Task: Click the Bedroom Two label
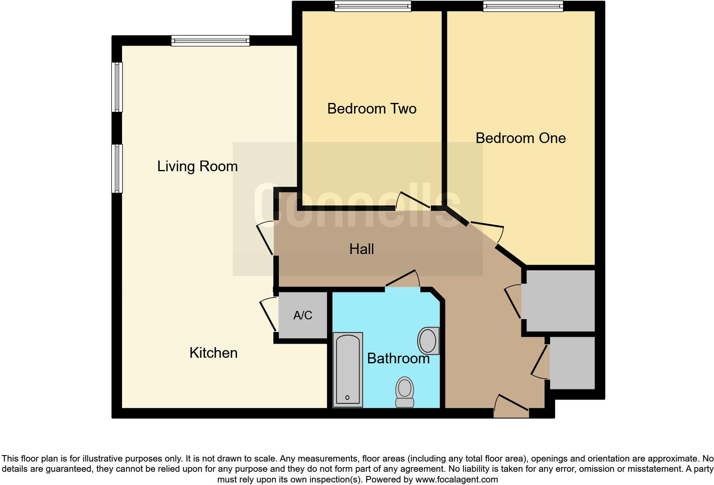coord(372,108)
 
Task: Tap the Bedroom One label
coord(521,138)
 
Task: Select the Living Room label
coord(197,166)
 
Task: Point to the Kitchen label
coord(213,353)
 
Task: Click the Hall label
coord(361,249)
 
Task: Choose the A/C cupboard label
coord(303,316)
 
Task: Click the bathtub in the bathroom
coord(348,369)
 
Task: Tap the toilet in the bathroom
coord(404,392)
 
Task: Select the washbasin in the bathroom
coord(428,341)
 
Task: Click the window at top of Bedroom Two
coord(372,6)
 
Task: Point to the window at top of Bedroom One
coord(523,6)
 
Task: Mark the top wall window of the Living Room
coord(210,41)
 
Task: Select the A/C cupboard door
coord(268,315)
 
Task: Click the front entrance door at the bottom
coord(512,406)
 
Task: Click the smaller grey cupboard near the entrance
coord(572,363)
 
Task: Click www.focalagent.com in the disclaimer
coord(456,479)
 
